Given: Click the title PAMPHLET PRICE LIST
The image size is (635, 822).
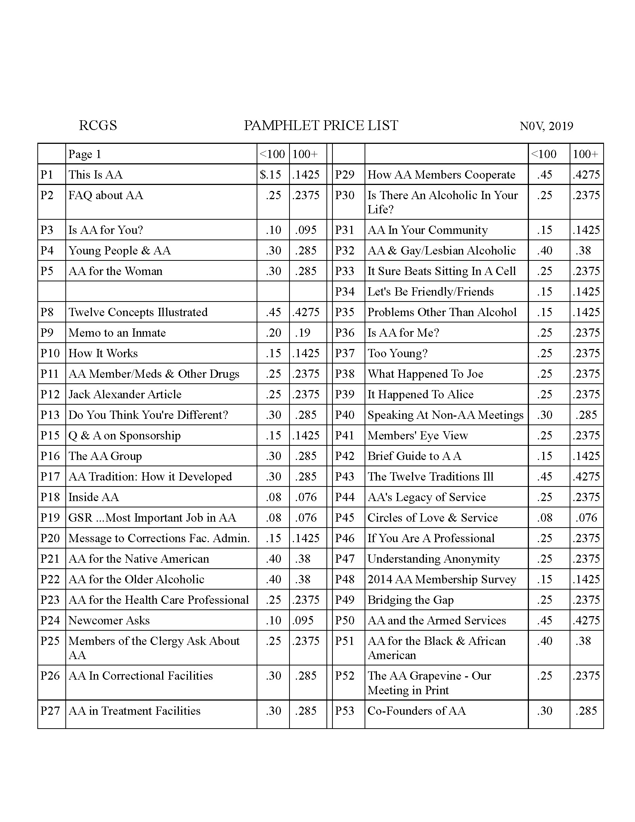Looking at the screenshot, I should pyautogui.click(x=320, y=125).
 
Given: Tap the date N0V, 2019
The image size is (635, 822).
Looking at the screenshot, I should pyautogui.click(x=546, y=126).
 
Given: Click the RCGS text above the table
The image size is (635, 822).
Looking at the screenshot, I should pyautogui.click(x=98, y=125).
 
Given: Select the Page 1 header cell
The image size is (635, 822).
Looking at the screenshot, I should pyautogui.click(x=85, y=154).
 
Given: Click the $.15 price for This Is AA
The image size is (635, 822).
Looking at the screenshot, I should pyautogui.click(x=270, y=174).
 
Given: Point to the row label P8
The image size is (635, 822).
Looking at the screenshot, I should pyautogui.click(x=47, y=312).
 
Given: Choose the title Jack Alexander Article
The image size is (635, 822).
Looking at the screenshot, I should pyautogui.click(x=125, y=394).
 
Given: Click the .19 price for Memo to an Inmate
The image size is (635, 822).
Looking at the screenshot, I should pyautogui.click(x=303, y=333).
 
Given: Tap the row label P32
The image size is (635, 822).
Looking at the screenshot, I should pyautogui.click(x=345, y=250).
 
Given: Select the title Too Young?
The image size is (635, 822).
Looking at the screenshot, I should pyautogui.click(x=398, y=353).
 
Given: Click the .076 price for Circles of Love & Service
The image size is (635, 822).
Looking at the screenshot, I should pyautogui.click(x=586, y=517).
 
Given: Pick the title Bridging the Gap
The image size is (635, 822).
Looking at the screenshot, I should pyautogui.click(x=411, y=600).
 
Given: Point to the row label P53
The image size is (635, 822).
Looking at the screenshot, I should pyautogui.click(x=345, y=711).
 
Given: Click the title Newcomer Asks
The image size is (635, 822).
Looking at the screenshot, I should pyautogui.click(x=109, y=620).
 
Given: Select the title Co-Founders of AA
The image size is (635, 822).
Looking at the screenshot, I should pyautogui.click(x=416, y=711).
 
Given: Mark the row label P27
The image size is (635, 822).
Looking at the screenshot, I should pyautogui.click(x=50, y=711).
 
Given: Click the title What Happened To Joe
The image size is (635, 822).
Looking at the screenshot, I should pyautogui.click(x=425, y=374).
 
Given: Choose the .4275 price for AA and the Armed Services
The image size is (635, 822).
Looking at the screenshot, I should pyautogui.click(x=586, y=620).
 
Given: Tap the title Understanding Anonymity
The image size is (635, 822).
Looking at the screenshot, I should pyautogui.click(x=434, y=559).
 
